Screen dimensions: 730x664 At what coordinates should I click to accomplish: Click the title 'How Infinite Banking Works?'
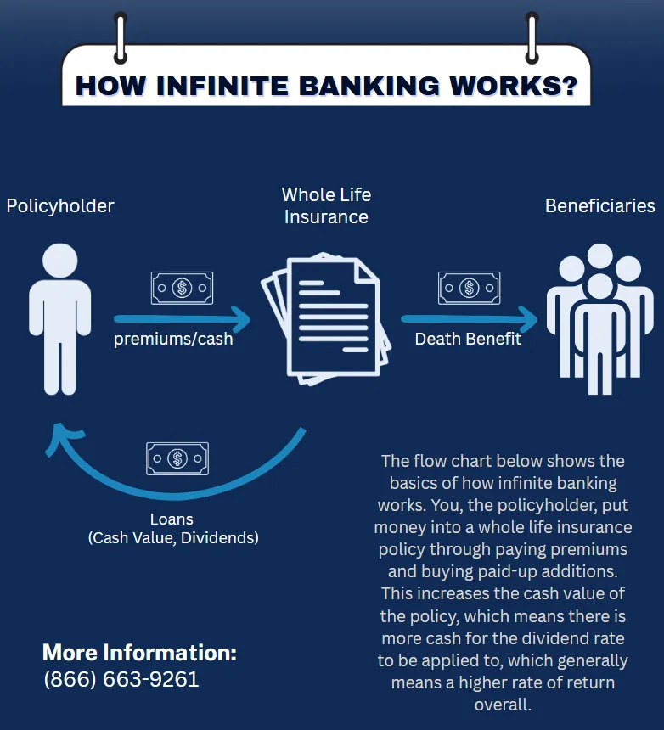point(326,85)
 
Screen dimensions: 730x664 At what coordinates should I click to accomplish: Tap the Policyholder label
point(60,205)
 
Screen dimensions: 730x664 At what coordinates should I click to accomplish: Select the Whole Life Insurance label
point(326,205)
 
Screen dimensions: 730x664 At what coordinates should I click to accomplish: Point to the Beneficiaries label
point(599,205)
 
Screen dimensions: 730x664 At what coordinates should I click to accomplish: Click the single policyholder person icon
point(59,318)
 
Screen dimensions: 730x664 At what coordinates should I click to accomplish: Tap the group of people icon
point(599,318)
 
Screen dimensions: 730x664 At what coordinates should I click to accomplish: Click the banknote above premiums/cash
point(182,288)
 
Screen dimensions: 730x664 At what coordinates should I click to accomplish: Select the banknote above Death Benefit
point(469,288)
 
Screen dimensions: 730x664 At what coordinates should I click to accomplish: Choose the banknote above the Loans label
point(177,458)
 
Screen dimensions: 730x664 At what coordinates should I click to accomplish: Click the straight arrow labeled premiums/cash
point(183,320)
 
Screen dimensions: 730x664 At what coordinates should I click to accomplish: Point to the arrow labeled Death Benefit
point(470,320)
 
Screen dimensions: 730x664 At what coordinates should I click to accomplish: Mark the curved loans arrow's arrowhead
point(61,441)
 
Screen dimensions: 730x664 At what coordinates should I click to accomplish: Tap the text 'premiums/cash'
point(173,340)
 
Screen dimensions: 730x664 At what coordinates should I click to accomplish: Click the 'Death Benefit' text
point(468,340)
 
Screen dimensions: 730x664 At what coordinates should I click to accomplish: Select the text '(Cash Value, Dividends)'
point(173,537)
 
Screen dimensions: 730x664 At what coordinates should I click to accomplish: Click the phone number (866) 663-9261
point(121,680)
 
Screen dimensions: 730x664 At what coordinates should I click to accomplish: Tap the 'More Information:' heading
point(139,653)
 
